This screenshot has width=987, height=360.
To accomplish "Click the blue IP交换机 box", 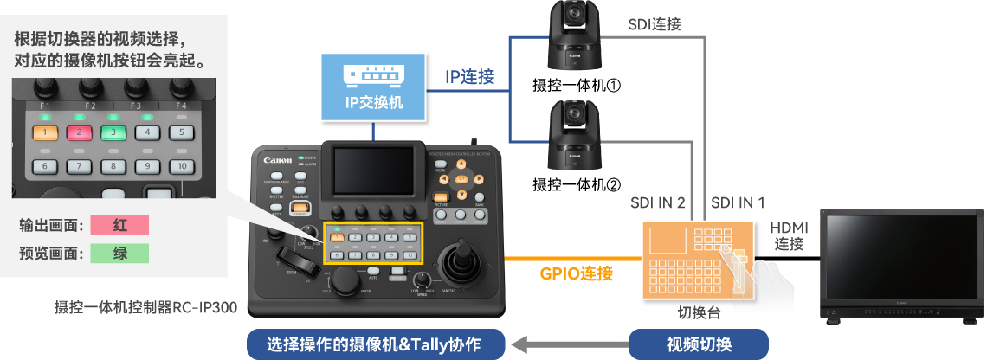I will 374,86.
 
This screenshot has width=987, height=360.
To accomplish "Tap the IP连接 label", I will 470,76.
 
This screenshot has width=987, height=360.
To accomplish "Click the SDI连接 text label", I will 655,24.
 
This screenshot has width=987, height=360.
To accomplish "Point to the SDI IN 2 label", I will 658,202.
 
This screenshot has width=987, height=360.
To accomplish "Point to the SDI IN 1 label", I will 738,202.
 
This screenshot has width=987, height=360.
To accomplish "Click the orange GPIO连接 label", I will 577,274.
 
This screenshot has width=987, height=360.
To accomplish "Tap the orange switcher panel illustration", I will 697,260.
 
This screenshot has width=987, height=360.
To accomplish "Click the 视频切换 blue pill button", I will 699,344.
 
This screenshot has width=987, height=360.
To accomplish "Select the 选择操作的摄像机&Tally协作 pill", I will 375,344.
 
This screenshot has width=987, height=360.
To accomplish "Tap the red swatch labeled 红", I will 120,225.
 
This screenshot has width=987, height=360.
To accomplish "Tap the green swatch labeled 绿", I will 120,254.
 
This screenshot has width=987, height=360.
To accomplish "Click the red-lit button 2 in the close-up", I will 77,132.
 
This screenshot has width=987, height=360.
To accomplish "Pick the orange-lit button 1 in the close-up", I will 43,132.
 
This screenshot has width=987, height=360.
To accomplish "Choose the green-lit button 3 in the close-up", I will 112,132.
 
